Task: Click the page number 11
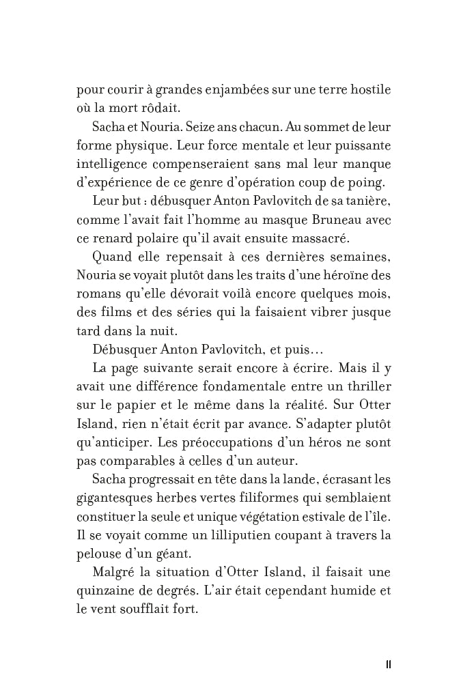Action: point(387,665)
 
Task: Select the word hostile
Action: point(368,91)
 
